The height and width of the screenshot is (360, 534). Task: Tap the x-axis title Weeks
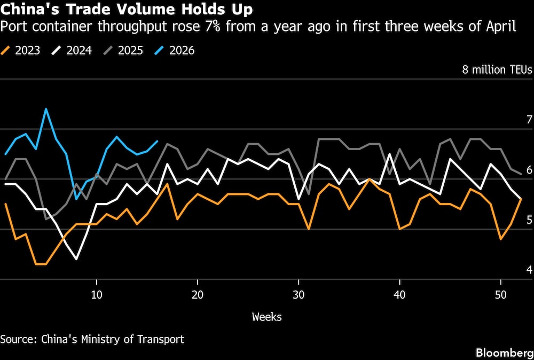[266, 317]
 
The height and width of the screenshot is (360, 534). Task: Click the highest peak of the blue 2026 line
[46, 109]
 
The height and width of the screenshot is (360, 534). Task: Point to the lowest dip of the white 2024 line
[76, 259]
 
